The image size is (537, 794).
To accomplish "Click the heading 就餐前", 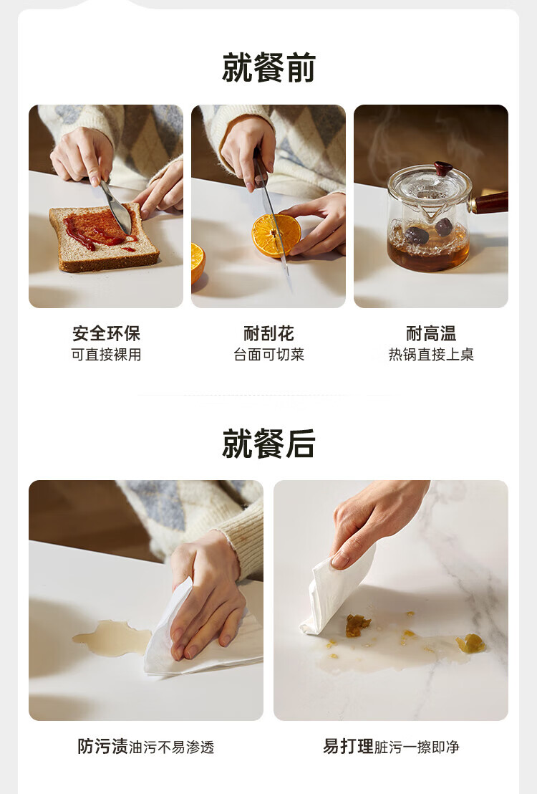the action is pos(268,67).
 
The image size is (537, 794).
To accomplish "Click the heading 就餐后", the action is pos(268,443).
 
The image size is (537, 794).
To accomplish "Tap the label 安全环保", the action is pos(106,333).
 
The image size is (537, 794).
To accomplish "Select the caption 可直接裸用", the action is pos(106,355).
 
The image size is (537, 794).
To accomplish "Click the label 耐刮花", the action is pos(268,333).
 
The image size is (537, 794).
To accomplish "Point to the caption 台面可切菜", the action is pos(268,355).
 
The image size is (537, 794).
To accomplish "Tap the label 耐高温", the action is pos(431,333).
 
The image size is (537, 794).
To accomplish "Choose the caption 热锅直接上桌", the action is pos(431,355).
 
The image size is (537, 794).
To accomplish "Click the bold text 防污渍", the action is pos(102,746).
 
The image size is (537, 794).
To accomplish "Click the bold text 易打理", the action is pos(348,746).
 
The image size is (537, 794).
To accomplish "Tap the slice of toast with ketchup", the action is pos(104,236).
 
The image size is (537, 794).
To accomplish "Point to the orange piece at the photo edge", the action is pos(198,263).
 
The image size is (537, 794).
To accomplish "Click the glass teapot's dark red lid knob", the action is pos(443,168).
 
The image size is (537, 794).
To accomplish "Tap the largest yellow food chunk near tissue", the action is pos(358,626).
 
